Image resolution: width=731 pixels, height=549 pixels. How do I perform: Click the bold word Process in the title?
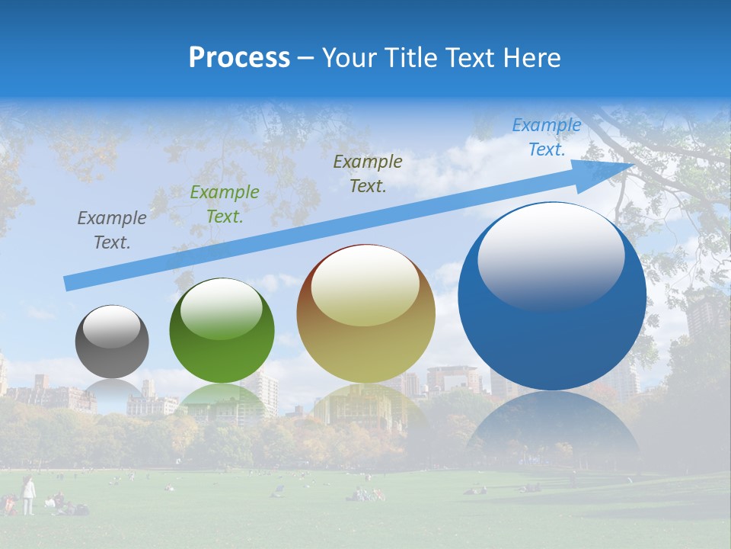point(239,57)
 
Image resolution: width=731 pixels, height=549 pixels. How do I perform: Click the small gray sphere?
point(112,342)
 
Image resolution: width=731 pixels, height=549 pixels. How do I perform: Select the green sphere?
point(222,331)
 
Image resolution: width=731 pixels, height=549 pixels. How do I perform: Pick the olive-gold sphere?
point(365,314)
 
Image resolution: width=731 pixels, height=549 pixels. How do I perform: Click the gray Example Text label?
point(112,230)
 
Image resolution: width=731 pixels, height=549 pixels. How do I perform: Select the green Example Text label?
point(225,204)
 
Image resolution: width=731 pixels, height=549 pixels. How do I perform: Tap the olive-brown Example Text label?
point(368,173)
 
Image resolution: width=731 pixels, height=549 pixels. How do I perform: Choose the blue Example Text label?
point(547,137)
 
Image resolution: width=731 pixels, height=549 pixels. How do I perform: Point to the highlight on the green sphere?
point(222,309)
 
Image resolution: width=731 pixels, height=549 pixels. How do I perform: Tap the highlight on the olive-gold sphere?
point(365,284)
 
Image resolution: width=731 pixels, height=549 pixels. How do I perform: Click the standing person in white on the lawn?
point(28,496)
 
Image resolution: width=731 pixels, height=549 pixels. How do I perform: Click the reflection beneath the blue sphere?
point(552,427)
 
